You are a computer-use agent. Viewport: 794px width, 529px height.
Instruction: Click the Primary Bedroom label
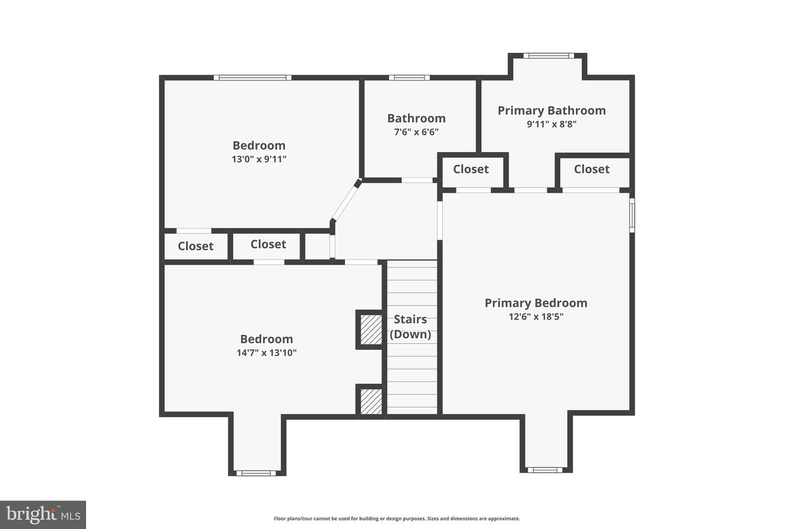pos(535,303)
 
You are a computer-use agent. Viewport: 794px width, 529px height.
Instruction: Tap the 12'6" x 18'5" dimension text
pos(535,317)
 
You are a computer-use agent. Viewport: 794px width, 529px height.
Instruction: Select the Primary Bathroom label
pos(551,110)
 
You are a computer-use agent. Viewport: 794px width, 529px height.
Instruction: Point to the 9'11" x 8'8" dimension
pos(551,124)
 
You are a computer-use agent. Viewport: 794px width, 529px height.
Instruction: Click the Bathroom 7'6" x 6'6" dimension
pos(416,132)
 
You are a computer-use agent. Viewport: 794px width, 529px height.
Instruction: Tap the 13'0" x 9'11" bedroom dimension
pos(259,159)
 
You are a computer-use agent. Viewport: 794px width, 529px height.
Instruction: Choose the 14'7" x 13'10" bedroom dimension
pos(266,353)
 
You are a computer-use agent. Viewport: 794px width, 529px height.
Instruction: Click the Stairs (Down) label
pos(410,327)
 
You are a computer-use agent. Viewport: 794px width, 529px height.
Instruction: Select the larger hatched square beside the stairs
pos(371,330)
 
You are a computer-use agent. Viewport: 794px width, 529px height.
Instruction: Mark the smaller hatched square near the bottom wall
pos(371,401)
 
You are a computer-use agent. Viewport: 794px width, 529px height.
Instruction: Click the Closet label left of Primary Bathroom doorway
pos(471,169)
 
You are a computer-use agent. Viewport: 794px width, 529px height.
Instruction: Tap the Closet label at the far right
pos(592,169)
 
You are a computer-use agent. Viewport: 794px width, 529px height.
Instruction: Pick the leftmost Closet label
pos(195,246)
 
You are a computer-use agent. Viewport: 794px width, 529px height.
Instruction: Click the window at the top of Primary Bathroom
pos(548,55)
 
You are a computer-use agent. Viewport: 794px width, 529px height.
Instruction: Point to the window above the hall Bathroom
pos(409,78)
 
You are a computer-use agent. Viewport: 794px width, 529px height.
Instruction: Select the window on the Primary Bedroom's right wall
pos(632,215)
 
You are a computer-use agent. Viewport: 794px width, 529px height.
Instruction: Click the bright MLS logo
pos(43,515)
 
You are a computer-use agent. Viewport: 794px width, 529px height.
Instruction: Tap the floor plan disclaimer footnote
pos(396,519)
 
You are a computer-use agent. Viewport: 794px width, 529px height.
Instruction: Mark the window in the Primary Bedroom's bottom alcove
pos(545,470)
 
